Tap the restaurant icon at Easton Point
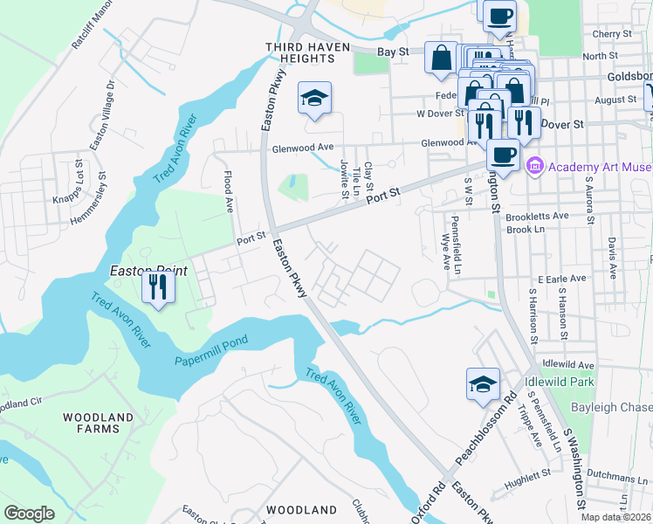point(157,287)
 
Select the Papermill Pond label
point(211,350)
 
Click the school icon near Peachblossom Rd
point(483,385)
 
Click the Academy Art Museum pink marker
point(535,164)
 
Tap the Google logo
point(29,513)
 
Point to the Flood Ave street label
point(230,193)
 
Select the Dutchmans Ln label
point(621,477)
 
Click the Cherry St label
point(611,34)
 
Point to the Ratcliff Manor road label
point(93,26)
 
